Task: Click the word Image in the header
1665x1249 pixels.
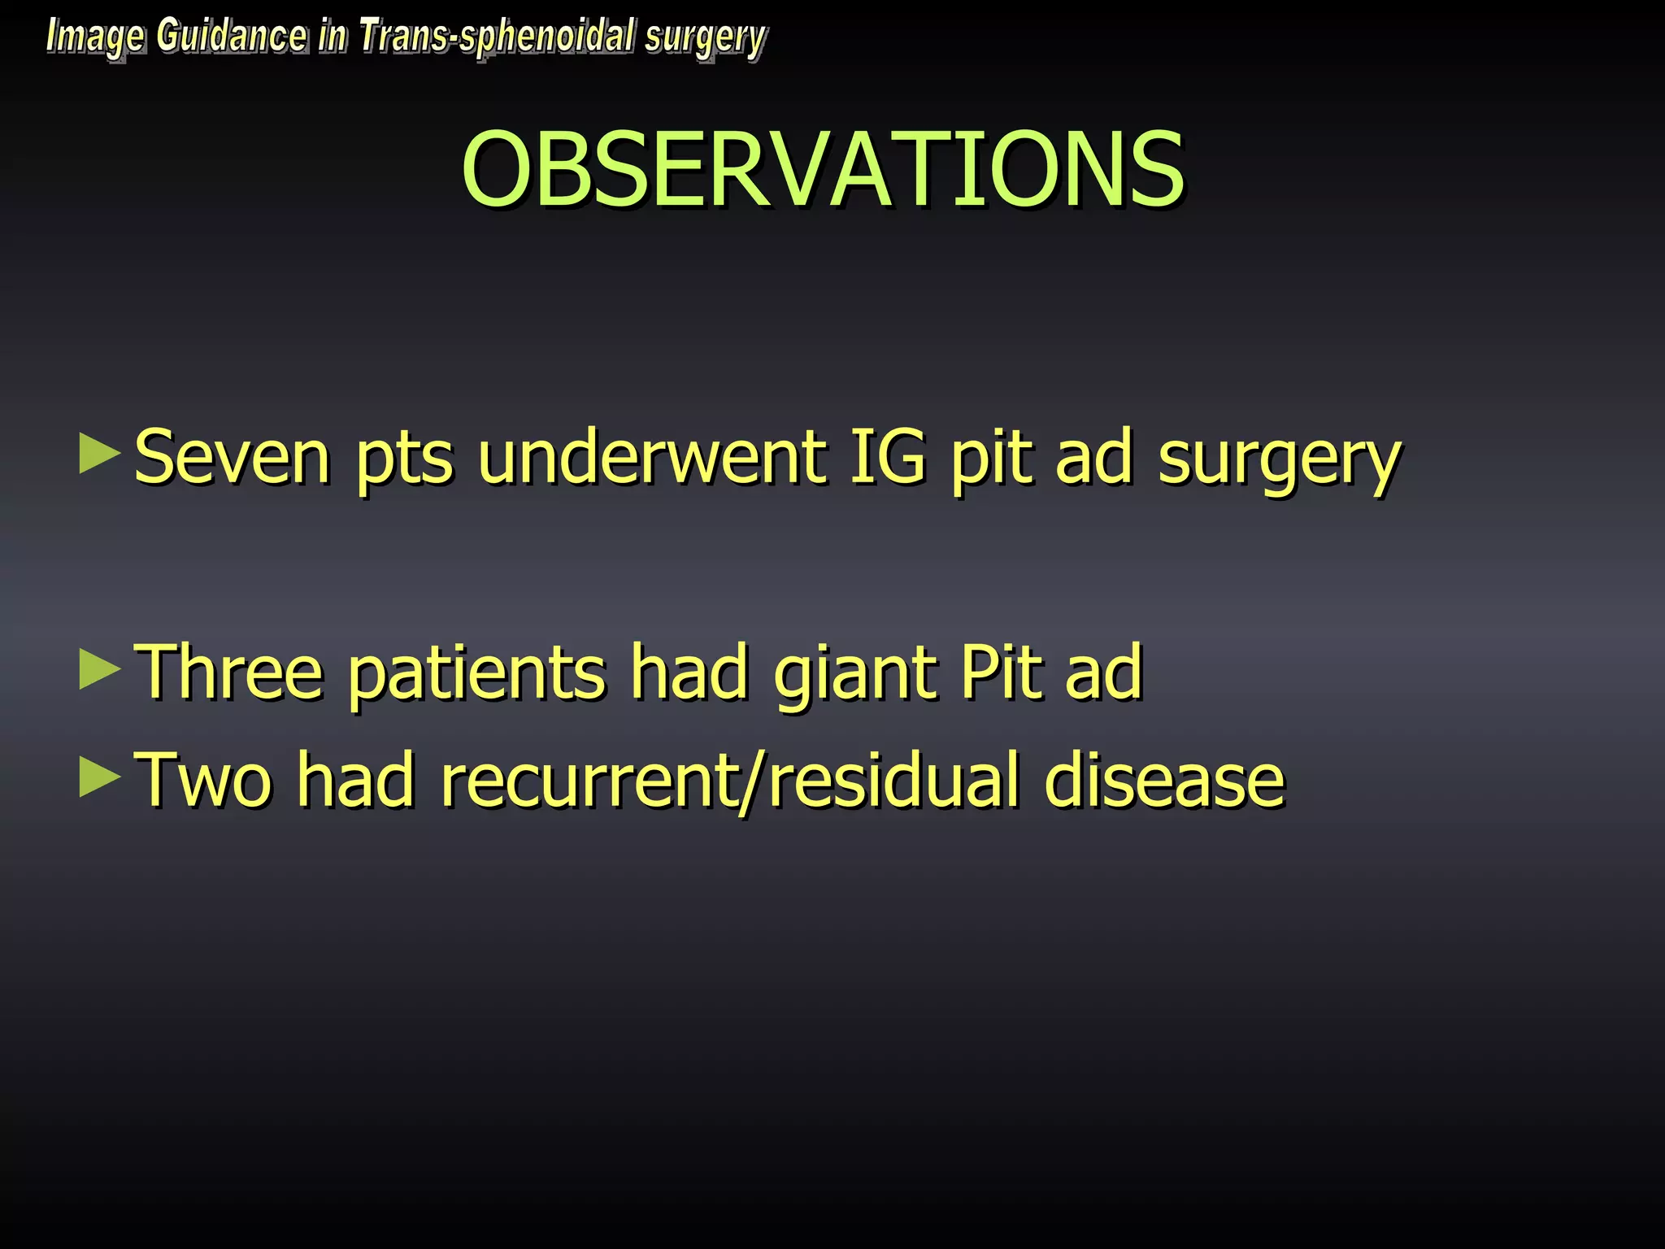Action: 95,37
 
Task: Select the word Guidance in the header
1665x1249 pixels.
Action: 232,37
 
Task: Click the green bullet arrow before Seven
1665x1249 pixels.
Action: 99,454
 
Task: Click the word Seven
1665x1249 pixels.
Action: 233,458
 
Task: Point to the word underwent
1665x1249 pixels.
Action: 650,458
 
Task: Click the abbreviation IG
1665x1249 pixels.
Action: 887,458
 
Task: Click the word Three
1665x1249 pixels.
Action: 228,672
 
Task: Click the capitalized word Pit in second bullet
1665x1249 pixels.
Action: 1001,672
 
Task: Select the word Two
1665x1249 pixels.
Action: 202,781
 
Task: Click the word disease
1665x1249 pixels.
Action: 1164,781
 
